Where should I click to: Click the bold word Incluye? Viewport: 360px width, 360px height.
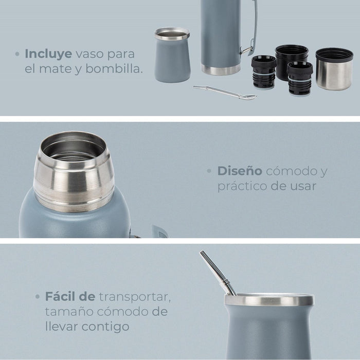coord(48,54)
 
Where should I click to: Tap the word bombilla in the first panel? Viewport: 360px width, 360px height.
coord(114,68)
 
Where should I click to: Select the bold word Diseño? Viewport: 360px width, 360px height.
coord(240,171)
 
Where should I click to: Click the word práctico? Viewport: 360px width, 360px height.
coord(242,186)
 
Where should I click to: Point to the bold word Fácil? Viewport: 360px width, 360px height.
coord(61,296)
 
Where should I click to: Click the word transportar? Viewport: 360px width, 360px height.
coord(135,297)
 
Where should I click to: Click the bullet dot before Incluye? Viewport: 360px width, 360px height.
coord(17,54)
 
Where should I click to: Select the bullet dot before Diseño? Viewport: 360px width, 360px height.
coord(209,171)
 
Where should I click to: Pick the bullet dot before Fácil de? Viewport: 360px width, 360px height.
coord(38,297)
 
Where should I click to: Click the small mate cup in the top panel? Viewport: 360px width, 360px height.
coord(172,55)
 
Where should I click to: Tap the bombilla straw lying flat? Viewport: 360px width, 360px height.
coord(225,93)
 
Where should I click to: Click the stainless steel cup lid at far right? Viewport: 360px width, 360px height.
coord(334,69)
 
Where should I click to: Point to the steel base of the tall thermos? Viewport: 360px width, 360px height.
coord(221,69)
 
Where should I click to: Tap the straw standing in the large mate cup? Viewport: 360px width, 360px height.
coord(217,273)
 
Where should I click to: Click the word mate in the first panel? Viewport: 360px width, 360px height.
coord(55,69)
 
